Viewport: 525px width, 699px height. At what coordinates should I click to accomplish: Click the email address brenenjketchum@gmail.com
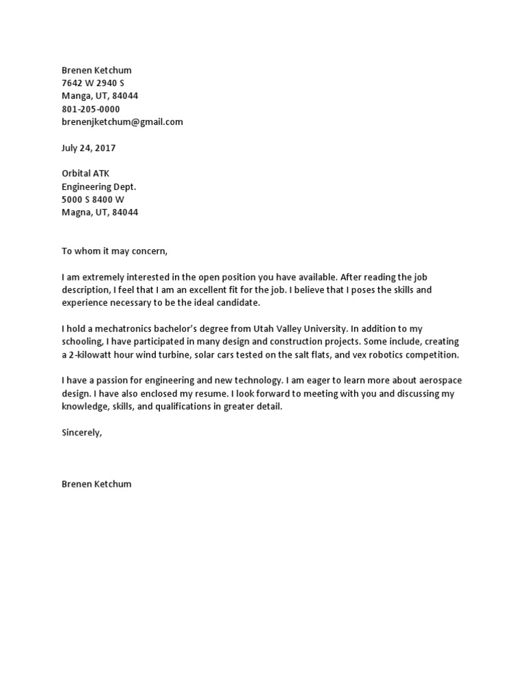click(122, 122)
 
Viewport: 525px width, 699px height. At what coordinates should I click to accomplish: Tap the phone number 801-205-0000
click(90, 109)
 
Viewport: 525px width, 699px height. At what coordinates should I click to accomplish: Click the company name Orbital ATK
click(85, 173)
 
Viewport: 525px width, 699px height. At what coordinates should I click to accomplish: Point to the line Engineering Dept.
click(98, 186)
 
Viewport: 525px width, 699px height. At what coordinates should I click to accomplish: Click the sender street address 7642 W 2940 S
click(93, 83)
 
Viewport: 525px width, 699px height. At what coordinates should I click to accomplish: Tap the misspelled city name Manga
click(75, 96)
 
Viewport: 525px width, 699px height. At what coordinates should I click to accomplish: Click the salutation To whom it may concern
click(114, 251)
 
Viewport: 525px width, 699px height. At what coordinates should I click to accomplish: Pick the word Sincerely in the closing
click(81, 432)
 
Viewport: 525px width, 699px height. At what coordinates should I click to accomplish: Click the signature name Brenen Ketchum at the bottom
click(96, 484)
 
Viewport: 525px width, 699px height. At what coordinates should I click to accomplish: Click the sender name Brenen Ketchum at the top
click(96, 70)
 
